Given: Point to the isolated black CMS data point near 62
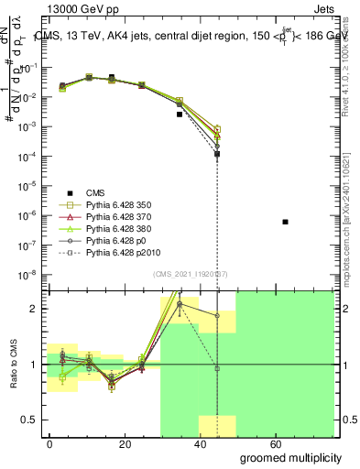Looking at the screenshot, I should click(x=286, y=222).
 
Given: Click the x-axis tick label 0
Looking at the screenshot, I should click(x=49, y=443).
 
